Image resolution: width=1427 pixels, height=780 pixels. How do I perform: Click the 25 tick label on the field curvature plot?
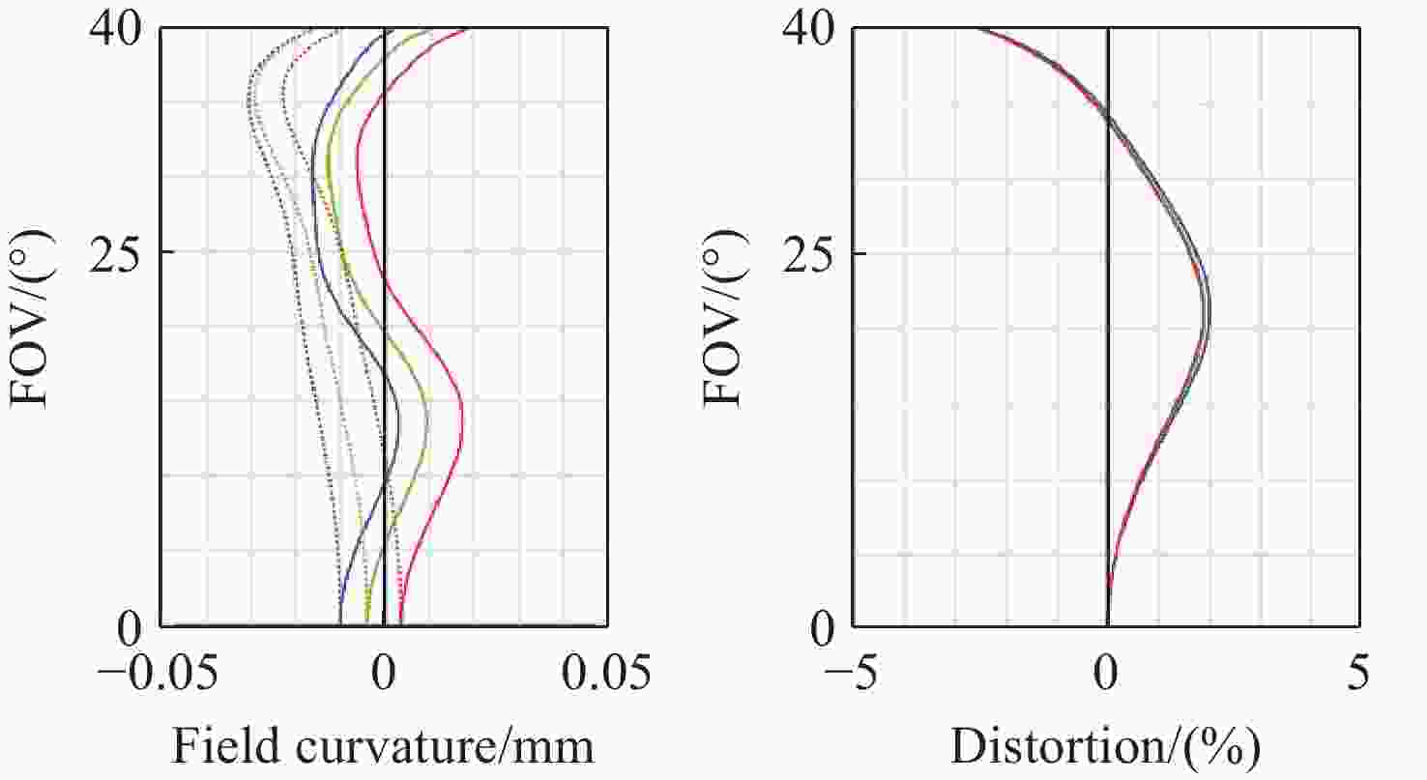click(117, 253)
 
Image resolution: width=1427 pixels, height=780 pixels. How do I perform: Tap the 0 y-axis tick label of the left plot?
click(131, 629)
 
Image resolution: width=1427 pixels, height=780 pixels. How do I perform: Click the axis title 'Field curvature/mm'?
click(383, 746)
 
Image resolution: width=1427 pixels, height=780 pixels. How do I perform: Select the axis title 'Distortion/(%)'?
click(1106, 746)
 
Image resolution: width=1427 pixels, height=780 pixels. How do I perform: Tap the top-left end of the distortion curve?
click(976, 29)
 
